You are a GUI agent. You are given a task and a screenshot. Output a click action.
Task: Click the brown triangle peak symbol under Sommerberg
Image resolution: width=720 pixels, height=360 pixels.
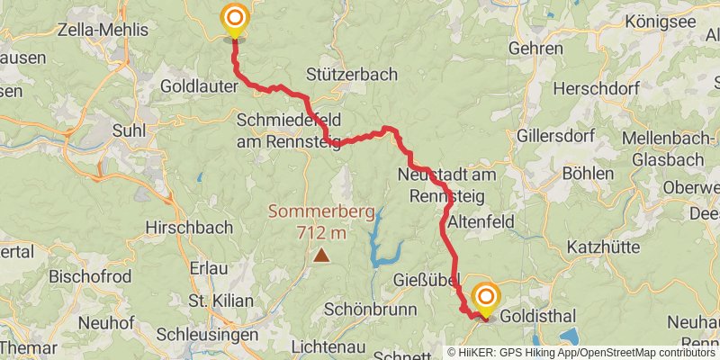tap(321, 256)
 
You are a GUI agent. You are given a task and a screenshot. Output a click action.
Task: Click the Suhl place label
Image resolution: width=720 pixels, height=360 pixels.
tap(129, 130)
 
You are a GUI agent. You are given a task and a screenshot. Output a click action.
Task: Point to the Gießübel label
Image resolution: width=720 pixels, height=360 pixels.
tap(427, 282)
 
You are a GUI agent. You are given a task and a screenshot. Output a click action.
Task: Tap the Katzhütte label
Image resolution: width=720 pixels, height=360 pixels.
tap(603, 246)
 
